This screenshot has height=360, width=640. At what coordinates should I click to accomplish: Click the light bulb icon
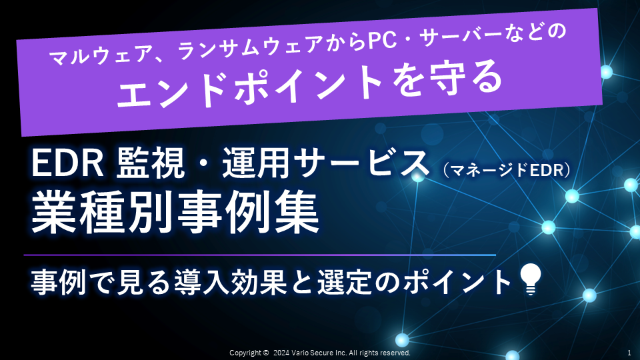[530, 279]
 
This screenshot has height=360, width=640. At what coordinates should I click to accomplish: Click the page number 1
[629, 353]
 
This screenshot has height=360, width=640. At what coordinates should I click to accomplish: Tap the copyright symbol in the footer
[266, 353]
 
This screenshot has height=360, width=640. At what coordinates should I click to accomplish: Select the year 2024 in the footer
[281, 353]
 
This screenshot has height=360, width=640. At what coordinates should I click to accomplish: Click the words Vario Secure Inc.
[319, 353]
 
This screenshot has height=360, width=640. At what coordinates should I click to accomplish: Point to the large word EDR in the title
[67, 163]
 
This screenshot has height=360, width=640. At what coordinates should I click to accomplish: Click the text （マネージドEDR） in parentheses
[506, 170]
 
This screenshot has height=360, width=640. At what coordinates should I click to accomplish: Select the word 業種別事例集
[175, 212]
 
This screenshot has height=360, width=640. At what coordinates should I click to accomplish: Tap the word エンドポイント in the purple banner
[249, 87]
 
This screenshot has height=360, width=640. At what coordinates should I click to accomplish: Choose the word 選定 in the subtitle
[344, 281]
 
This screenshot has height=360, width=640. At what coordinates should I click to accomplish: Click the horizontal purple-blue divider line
[259, 255]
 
